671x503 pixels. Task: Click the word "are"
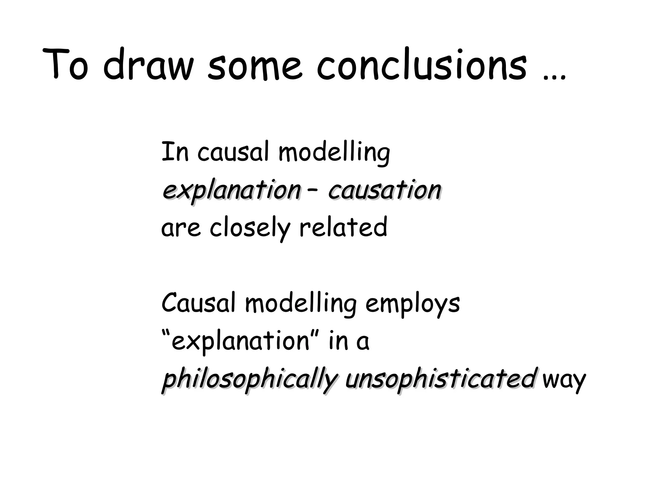point(181,228)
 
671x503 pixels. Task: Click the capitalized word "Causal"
point(198,303)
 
